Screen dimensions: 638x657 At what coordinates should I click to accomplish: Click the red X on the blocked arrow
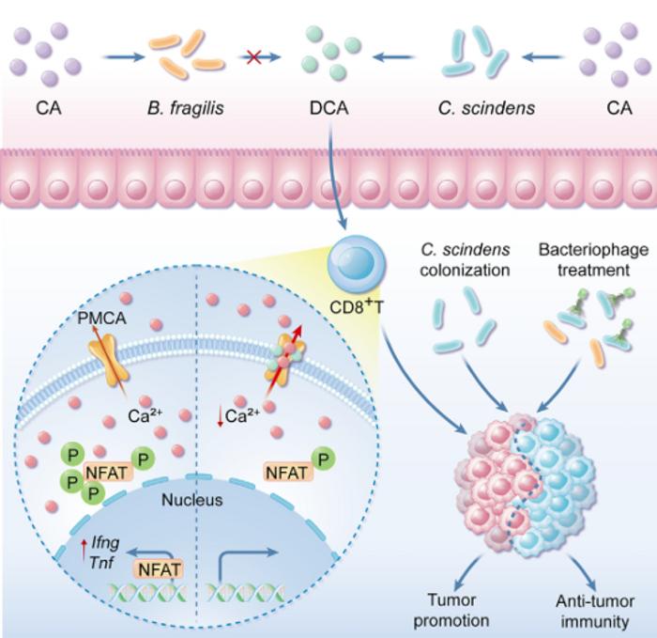[x=253, y=57]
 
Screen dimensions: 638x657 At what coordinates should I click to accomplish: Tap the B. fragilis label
[x=186, y=108]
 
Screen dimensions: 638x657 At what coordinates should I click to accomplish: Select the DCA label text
[x=328, y=108]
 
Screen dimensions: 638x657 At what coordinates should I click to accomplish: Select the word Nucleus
[x=191, y=500]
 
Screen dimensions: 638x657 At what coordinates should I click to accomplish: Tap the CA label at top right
[x=619, y=108]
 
